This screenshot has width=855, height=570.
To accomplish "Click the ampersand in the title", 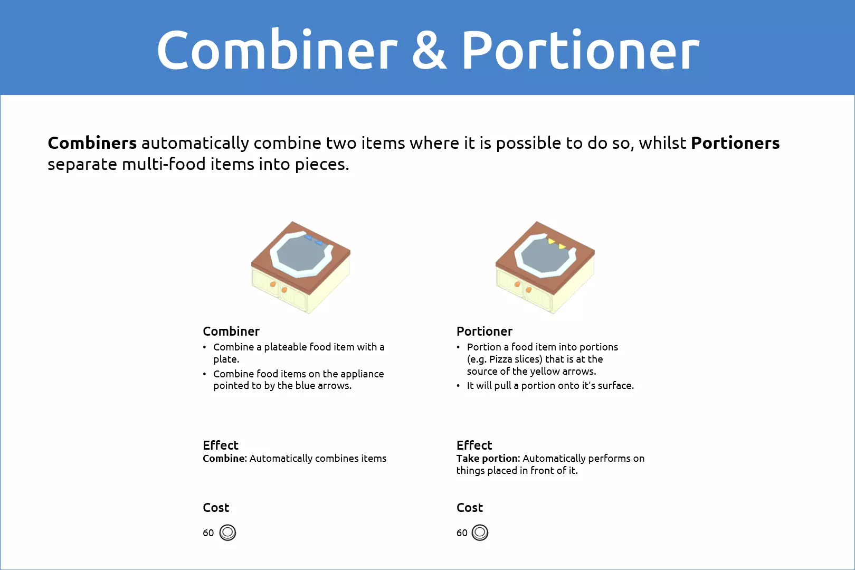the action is point(429,50).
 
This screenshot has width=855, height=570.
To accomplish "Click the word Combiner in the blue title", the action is point(277,50).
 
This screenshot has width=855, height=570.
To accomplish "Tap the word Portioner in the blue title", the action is point(581,50).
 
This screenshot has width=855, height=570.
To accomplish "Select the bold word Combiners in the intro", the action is point(92,143).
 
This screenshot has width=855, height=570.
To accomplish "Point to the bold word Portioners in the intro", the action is point(735,143).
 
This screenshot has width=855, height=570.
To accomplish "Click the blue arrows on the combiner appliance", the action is point(313,240).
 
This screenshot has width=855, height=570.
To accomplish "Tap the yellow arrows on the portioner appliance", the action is point(557,244).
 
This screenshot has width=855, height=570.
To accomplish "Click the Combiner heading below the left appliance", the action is point(231,331).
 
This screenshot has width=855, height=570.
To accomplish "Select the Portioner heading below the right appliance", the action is point(484,331).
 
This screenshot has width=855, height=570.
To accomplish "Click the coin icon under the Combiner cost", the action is point(227,532).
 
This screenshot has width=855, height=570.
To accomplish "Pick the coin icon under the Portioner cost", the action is point(480,532).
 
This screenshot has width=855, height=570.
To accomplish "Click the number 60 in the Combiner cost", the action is point(208,533).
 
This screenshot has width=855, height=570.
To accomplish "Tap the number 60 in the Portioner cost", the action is point(462,533).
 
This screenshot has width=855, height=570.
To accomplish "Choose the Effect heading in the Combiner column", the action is point(220,445).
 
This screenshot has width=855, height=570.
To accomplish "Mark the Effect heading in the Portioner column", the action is point(474,445).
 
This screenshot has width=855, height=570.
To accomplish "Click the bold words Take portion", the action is point(488,459).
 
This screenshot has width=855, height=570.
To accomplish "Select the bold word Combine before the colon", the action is point(224,458).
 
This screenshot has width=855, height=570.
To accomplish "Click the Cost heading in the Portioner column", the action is point(470,507).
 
